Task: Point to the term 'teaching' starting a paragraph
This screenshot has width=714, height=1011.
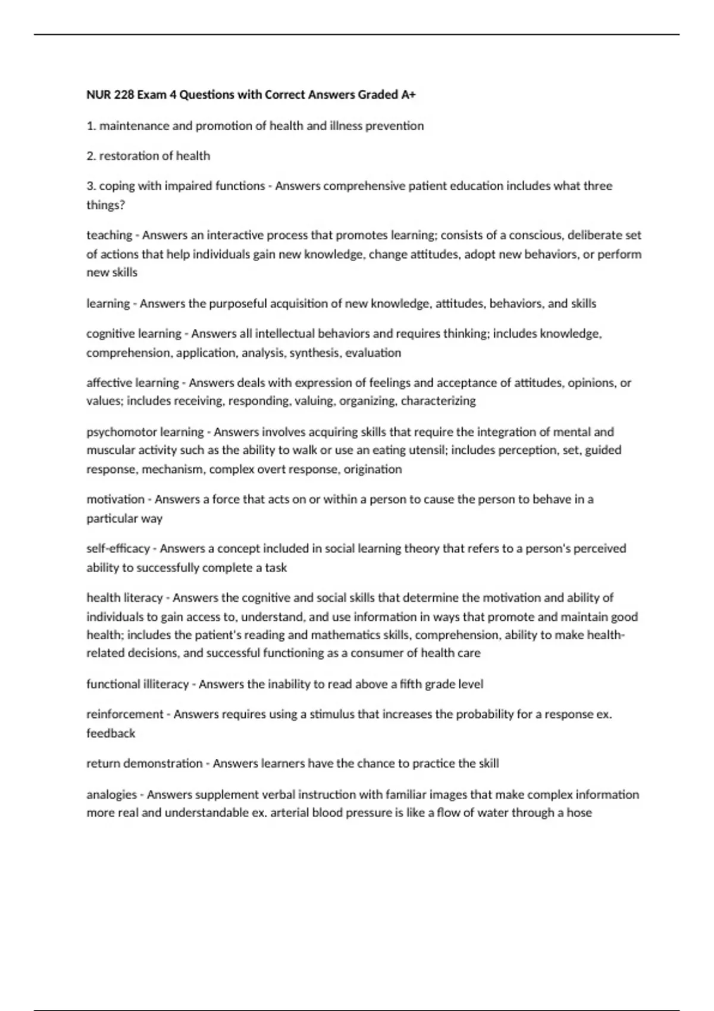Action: (x=109, y=235)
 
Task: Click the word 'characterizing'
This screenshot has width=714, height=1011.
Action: (x=439, y=401)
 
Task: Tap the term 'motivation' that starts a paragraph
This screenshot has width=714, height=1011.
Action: (x=115, y=499)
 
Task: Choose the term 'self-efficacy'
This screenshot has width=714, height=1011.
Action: (x=118, y=548)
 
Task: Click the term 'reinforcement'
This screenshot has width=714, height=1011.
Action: (x=124, y=714)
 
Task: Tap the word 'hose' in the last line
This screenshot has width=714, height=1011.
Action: (x=579, y=812)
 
